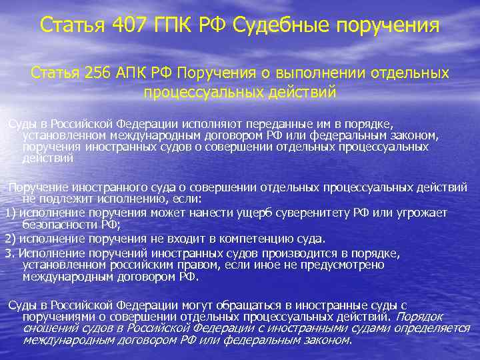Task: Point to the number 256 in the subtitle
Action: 101,73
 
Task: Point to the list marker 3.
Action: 9,253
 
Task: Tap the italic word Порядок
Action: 423,317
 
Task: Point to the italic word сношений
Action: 47,328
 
